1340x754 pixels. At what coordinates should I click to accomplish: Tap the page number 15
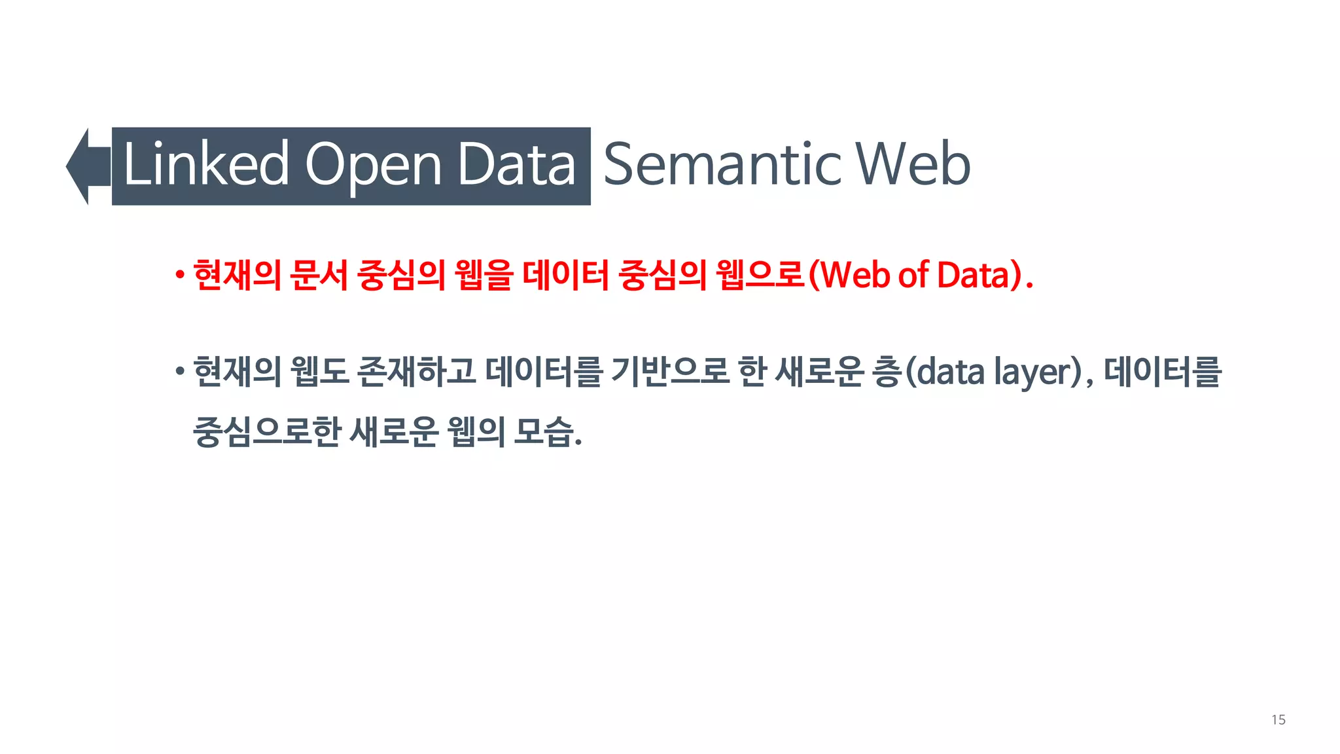pyautogui.click(x=1278, y=720)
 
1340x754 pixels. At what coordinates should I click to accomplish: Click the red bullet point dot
pyautogui.click(x=179, y=276)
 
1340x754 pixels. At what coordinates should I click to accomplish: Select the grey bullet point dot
pyautogui.click(x=179, y=372)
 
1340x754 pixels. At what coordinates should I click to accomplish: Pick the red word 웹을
pyautogui.click(x=484, y=275)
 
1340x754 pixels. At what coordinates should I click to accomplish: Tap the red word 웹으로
pyautogui.click(x=759, y=275)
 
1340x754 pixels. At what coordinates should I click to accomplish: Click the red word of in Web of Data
pyautogui.click(x=913, y=275)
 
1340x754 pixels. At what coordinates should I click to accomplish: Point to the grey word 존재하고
pyautogui.click(x=416, y=372)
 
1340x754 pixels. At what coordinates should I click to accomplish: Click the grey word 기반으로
pyautogui.click(x=669, y=372)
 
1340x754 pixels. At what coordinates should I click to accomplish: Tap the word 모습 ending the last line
pyautogui.click(x=544, y=432)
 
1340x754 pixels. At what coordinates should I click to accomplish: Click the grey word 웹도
pyautogui.click(x=319, y=372)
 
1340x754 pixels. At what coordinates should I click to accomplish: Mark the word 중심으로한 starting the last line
pyautogui.click(x=267, y=432)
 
